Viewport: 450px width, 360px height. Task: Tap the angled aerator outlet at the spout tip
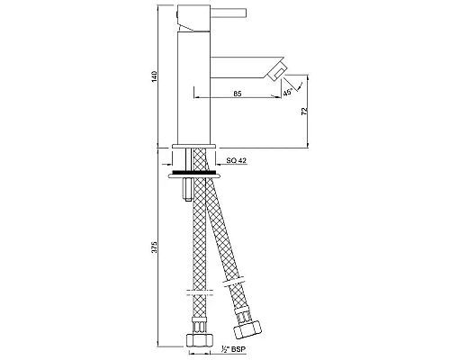[x=279, y=73]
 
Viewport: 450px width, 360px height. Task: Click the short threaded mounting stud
[x=183, y=189]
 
